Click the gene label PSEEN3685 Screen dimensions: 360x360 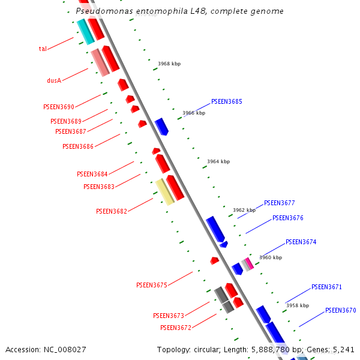coord(226,102)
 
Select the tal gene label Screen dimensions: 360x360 coord(43,49)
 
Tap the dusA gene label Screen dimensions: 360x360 coord(54,80)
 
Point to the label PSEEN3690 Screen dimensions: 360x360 coord(59,107)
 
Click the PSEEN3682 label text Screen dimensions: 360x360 coord(112,211)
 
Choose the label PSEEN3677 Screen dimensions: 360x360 coord(279,203)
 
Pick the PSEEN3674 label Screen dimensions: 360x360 coord(301,242)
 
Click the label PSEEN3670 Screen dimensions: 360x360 coord(340,311)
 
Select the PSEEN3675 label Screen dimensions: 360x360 coord(151,286)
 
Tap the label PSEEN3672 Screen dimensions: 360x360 coord(175,328)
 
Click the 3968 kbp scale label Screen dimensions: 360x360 coord(169,64)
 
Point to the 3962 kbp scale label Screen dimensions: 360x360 coord(244,211)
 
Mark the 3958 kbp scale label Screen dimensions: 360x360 coord(298,306)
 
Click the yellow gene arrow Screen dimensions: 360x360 coord(164,191)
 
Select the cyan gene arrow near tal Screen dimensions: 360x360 coord(85,31)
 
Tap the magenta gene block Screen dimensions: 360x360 coord(248,263)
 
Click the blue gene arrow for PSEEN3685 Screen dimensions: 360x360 coord(161,127)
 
